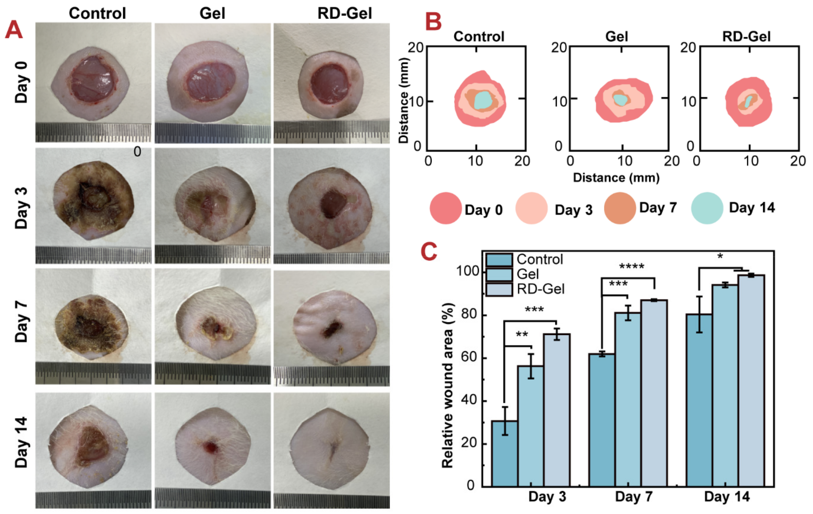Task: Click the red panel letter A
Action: click(x=13, y=30)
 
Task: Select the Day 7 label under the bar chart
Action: click(x=634, y=497)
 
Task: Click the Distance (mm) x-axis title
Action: click(x=616, y=178)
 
